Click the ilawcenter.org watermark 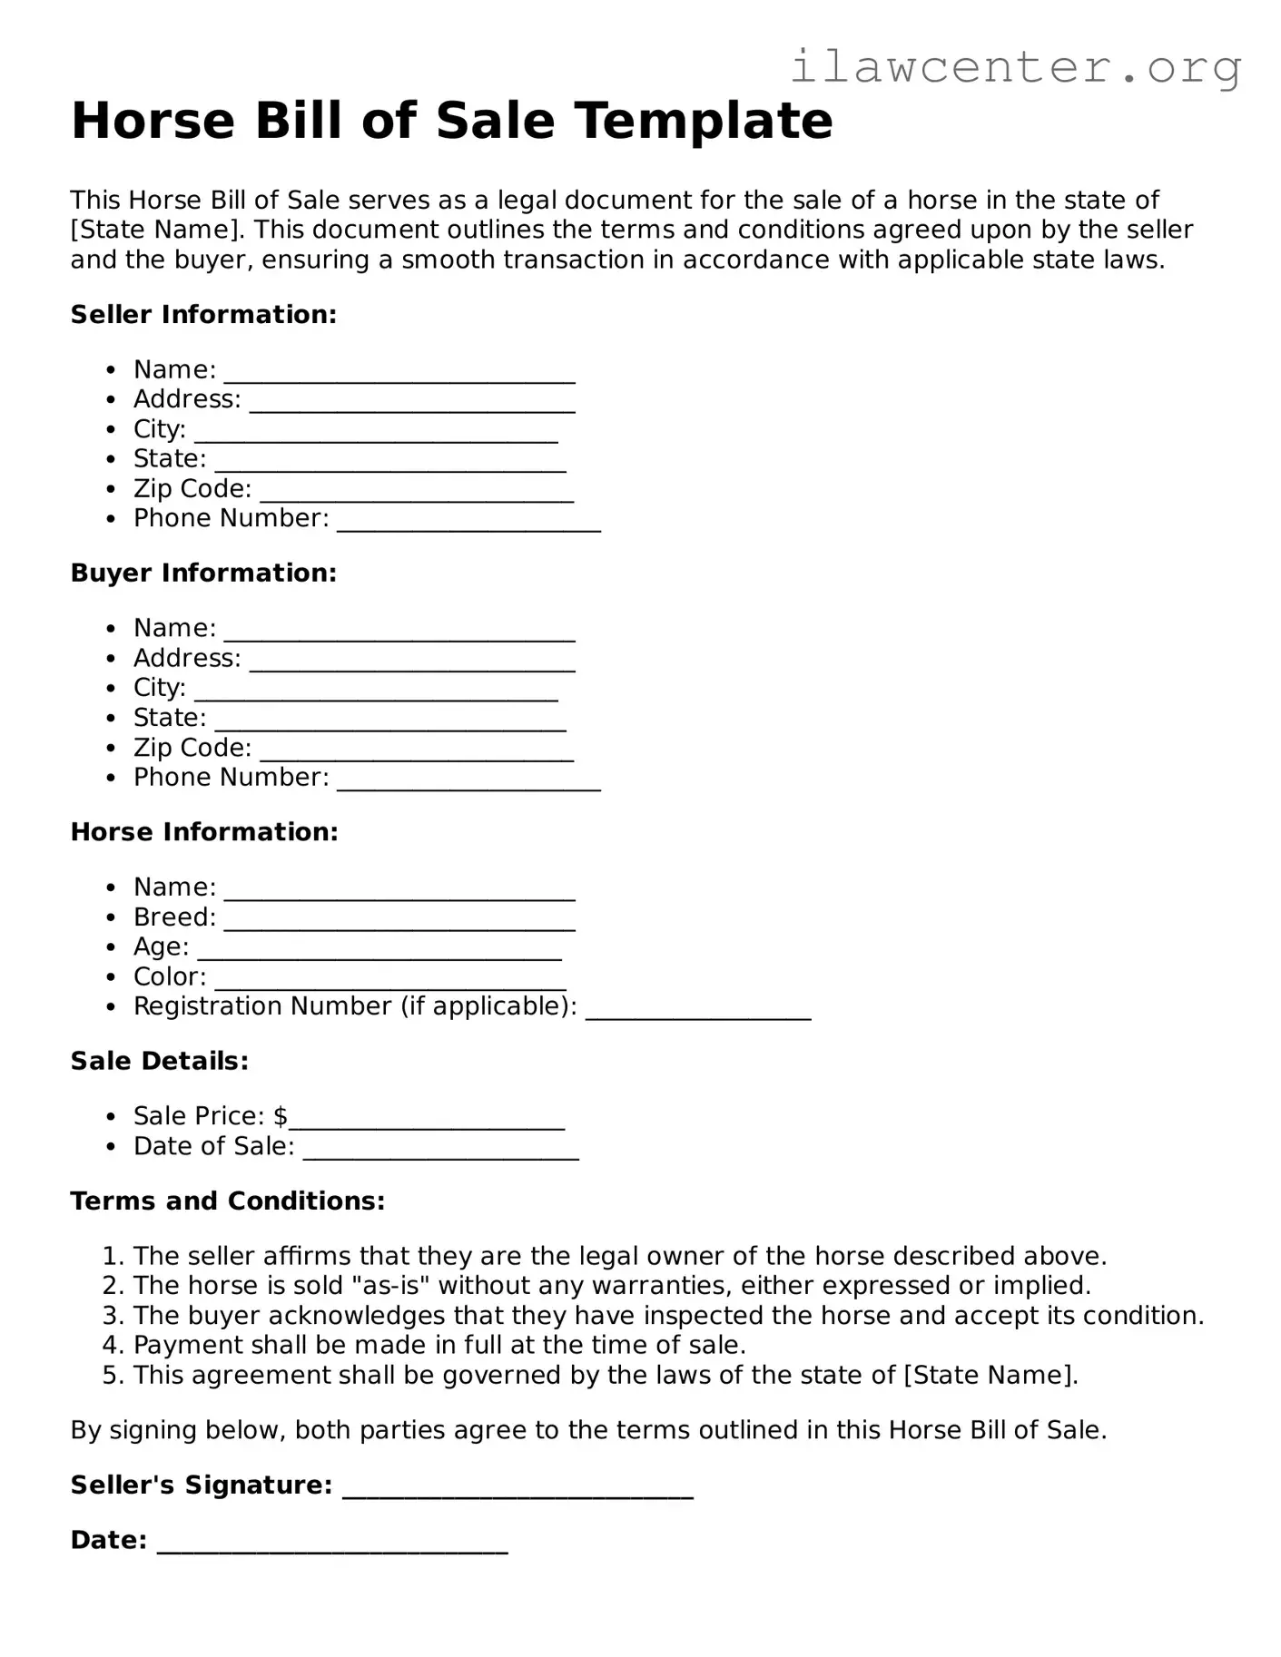[1015, 67]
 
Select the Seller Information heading [203, 315]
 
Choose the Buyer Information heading [203, 574]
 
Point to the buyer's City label [159, 688]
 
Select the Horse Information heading [204, 832]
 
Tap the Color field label [169, 977]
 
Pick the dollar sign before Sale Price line [281, 1116]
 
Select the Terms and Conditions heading [228, 1201]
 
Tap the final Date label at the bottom [108, 1541]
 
